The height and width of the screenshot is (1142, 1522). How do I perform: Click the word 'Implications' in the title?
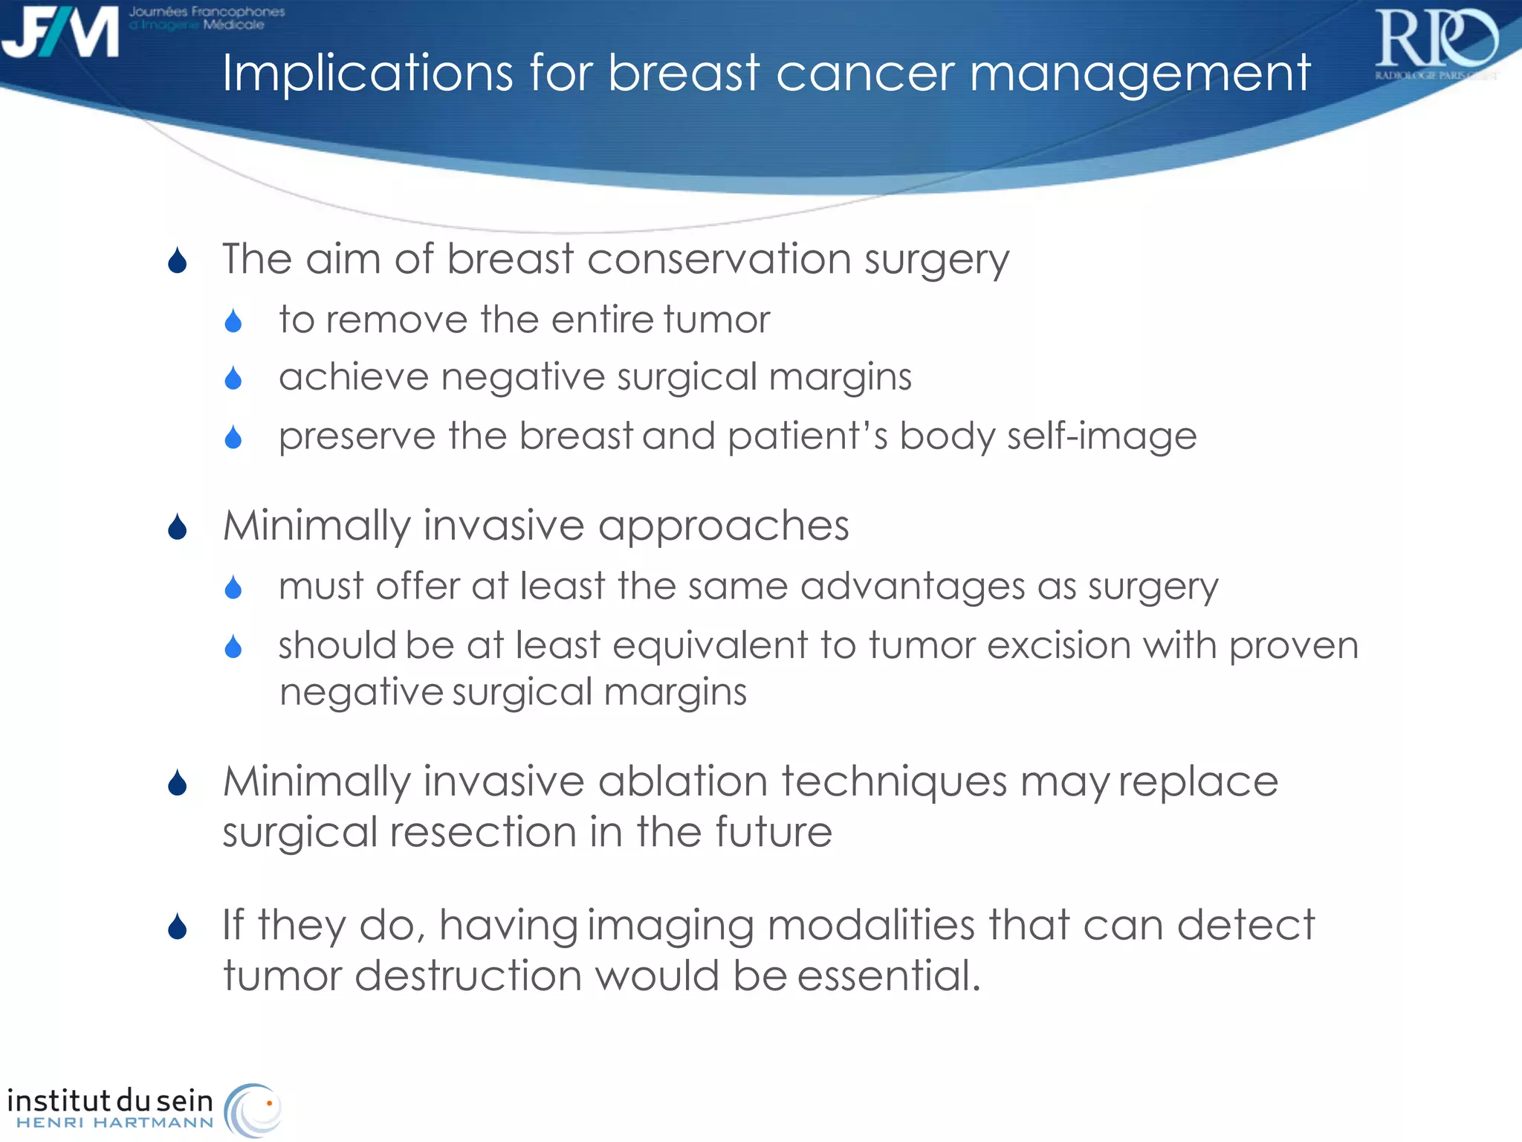coord(367,73)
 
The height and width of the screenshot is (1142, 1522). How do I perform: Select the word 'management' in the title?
coord(1139,74)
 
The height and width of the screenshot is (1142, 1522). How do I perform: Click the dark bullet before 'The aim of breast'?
coord(177,261)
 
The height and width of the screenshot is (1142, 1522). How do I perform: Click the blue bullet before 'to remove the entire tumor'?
coord(233,321)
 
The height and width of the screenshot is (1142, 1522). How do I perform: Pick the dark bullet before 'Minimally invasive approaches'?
coord(177,527)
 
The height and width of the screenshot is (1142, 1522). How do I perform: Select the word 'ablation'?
coord(682,781)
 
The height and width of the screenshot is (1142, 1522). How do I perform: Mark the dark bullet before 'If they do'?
coord(177,927)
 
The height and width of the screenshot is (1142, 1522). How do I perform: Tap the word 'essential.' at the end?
coord(889,975)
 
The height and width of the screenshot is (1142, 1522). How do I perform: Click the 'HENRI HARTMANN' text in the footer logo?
coord(115,1123)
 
